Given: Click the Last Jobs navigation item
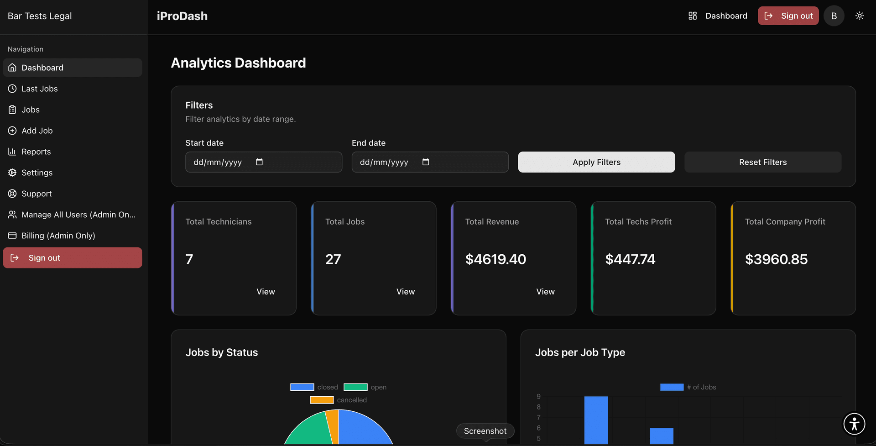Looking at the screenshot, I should click(x=39, y=89).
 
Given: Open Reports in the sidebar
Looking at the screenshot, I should click(x=36, y=152).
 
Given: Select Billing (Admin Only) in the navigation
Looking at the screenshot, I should click(x=58, y=236).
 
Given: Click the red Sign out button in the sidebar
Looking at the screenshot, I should click(x=72, y=258).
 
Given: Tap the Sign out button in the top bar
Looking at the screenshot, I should click(x=788, y=16).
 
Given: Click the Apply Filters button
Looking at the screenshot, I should click(x=596, y=162).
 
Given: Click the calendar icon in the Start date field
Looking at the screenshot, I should click(x=259, y=162).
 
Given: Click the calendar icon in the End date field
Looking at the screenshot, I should click(x=426, y=162).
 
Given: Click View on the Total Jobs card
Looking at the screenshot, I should click(x=405, y=292).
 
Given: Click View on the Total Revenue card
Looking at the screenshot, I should click(x=545, y=292).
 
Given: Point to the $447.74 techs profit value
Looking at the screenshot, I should click(x=630, y=259).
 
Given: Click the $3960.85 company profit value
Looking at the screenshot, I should click(x=776, y=259).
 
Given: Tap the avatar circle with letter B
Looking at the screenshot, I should click(x=834, y=16).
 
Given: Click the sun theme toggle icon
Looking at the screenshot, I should click(x=860, y=16).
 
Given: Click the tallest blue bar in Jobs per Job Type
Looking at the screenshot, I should click(x=596, y=420).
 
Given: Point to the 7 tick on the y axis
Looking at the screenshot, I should click(x=538, y=417).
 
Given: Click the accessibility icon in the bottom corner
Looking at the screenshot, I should click(x=854, y=424).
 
